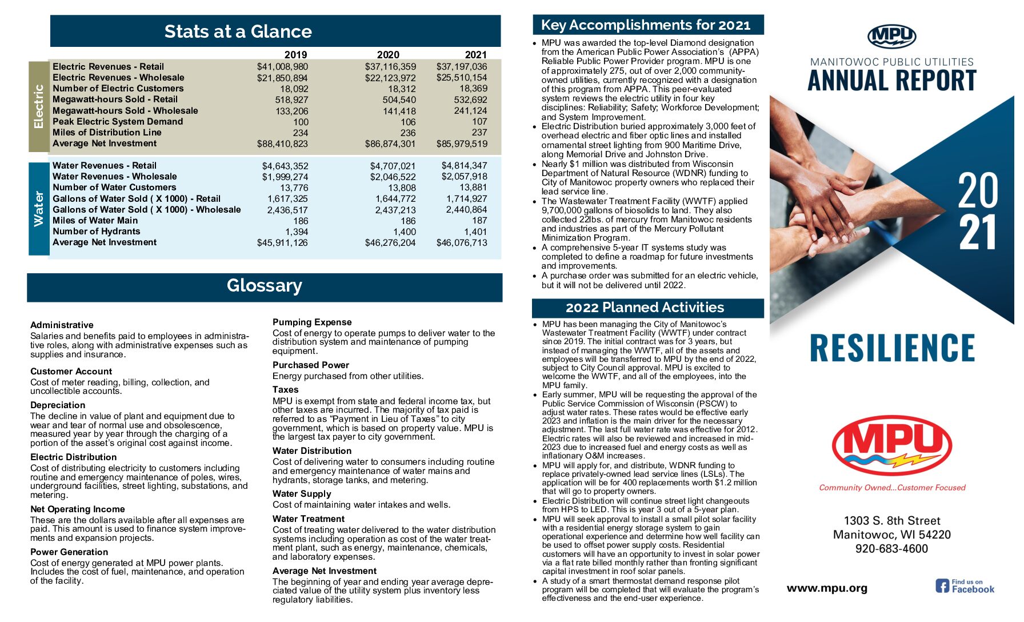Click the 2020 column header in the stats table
click(x=388, y=55)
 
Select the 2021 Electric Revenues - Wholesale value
click(x=462, y=78)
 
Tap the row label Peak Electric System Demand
click(x=118, y=122)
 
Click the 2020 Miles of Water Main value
click(x=408, y=221)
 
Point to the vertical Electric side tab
click(x=39, y=106)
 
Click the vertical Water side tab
click(x=39, y=209)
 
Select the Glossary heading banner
click(x=265, y=286)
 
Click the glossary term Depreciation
click(x=58, y=405)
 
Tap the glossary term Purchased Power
click(x=311, y=365)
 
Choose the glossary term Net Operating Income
click(x=78, y=509)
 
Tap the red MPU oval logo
click(x=892, y=445)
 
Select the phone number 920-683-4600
click(x=891, y=549)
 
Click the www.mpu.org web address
click(x=827, y=588)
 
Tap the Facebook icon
click(x=942, y=586)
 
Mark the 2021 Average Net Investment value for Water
click(x=462, y=243)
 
